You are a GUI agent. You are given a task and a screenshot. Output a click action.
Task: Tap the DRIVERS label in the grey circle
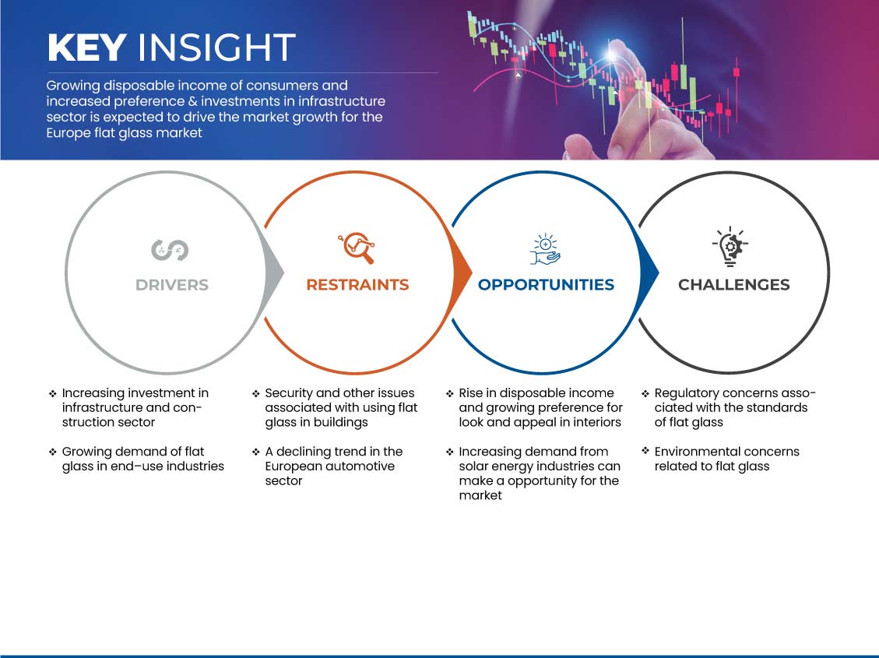pyautogui.click(x=171, y=285)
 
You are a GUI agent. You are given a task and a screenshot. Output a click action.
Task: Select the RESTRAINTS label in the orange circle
pyautogui.click(x=357, y=285)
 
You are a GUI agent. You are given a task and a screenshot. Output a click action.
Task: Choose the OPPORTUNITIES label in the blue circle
pyautogui.click(x=546, y=285)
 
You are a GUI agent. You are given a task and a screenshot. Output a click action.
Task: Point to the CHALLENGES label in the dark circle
pyautogui.click(x=734, y=285)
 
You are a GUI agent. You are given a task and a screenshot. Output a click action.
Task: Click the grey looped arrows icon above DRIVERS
pyautogui.click(x=170, y=250)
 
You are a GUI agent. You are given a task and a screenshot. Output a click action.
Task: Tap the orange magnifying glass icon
pyautogui.click(x=357, y=248)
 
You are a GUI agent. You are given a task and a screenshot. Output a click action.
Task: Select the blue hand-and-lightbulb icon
pyautogui.click(x=545, y=249)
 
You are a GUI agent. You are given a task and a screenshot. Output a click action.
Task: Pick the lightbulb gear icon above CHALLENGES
pyautogui.click(x=730, y=246)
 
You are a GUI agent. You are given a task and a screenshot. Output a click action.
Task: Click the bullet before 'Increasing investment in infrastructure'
pyautogui.click(x=53, y=393)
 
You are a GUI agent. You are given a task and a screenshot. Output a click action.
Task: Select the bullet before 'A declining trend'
pyautogui.click(x=255, y=452)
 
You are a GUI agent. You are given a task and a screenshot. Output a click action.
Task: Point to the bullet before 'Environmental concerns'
pyautogui.click(x=645, y=451)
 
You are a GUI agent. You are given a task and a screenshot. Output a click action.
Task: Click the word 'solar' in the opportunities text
pyautogui.click(x=473, y=466)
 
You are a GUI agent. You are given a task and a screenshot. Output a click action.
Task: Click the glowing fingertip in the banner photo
pyautogui.click(x=613, y=53)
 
